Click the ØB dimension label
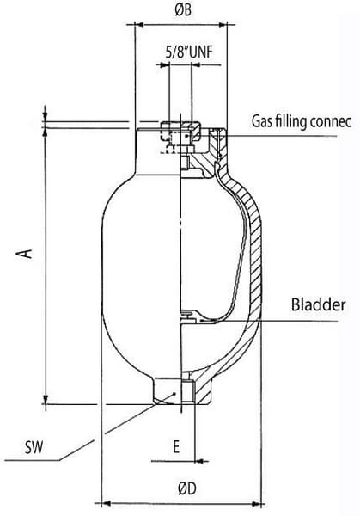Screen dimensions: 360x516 click(183, 9)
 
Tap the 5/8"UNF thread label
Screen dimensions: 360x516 click(189, 52)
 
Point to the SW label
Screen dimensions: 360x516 click(34, 448)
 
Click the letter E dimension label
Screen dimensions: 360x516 click(176, 446)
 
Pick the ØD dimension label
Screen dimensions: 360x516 click(187, 488)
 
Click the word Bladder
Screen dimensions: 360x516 click(318, 304)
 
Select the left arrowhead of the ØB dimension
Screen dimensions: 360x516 click(139, 25)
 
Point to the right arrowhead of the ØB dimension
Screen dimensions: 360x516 click(223, 25)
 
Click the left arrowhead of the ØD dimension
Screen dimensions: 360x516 click(106, 503)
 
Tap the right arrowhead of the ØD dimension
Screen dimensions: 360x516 click(256, 503)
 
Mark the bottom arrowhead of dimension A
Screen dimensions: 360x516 click(46, 399)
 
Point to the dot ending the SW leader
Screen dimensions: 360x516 click(175, 393)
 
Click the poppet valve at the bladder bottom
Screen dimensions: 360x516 click(190, 316)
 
